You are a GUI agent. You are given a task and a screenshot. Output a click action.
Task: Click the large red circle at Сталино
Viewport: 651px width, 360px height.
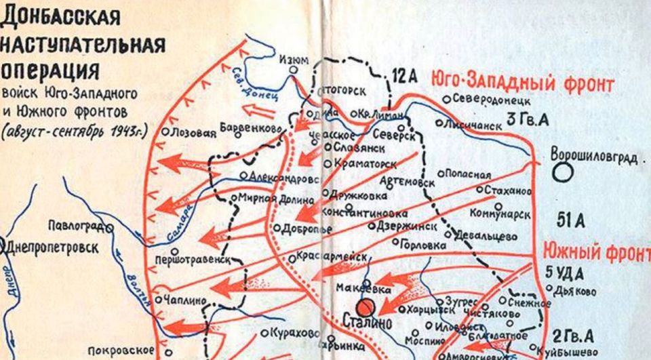pyautogui.click(x=368, y=306)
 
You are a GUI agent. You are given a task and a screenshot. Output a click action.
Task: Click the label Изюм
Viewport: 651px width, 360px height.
pyautogui.click(x=294, y=60)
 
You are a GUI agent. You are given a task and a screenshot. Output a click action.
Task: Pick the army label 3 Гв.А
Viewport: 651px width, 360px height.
pyautogui.click(x=527, y=121)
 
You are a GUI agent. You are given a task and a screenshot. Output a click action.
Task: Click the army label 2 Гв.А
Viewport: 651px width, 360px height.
pyautogui.click(x=574, y=336)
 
